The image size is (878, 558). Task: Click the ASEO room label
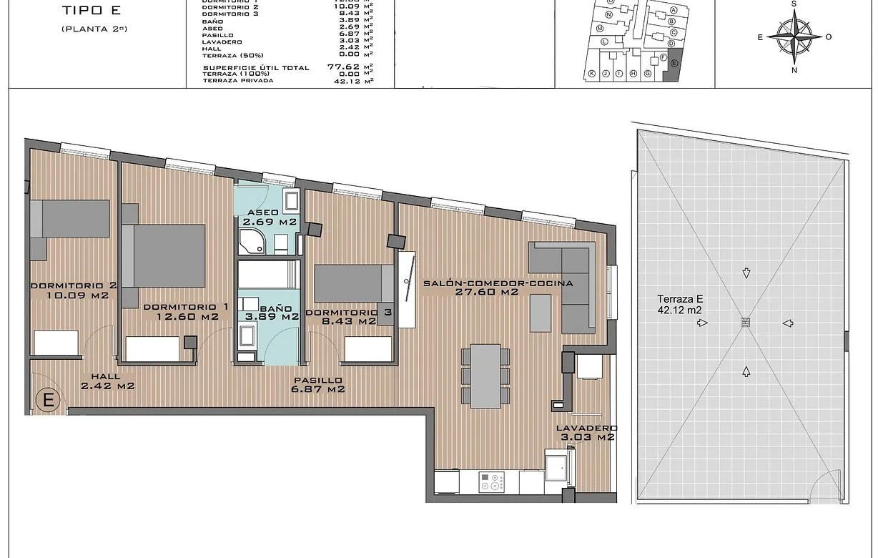click(x=263, y=213)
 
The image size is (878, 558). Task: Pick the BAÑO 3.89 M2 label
click(x=270, y=311)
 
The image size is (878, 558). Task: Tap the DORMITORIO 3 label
click(x=340, y=313)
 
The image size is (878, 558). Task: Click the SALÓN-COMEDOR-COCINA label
click(x=498, y=283)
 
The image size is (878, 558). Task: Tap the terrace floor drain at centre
click(x=746, y=323)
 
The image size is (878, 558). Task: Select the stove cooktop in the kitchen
click(x=491, y=482)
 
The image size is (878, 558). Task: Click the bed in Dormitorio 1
click(x=169, y=255)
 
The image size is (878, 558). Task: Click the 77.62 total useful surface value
click(x=342, y=67)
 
